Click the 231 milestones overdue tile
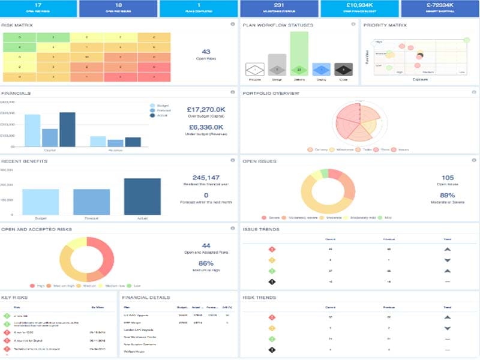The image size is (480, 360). [x=279, y=8]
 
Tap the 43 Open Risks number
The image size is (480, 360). [x=206, y=52]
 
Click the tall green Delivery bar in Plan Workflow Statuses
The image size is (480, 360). [x=298, y=54]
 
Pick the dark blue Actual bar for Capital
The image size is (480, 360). [x=67, y=129]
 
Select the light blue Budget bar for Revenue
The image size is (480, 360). [x=98, y=141]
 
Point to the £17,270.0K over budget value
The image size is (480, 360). [x=206, y=110]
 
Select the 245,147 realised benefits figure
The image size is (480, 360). [x=206, y=178]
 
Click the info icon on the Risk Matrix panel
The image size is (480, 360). [x=232, y=25]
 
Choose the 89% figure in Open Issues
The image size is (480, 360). [x=446, y=195]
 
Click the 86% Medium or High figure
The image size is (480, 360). [x=206, y=263]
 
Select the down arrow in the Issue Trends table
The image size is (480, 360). [x=447, y=260]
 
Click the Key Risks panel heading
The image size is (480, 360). [x=14, y=298]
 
